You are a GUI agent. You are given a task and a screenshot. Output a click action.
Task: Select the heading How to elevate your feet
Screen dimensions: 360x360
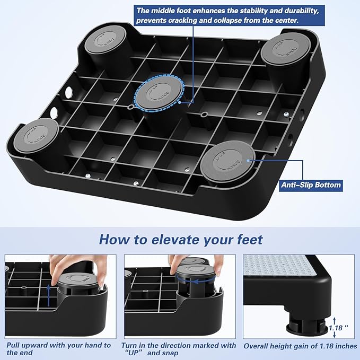coord(180,239)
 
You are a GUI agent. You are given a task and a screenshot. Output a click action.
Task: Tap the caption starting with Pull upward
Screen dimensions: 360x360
coord(58,349)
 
